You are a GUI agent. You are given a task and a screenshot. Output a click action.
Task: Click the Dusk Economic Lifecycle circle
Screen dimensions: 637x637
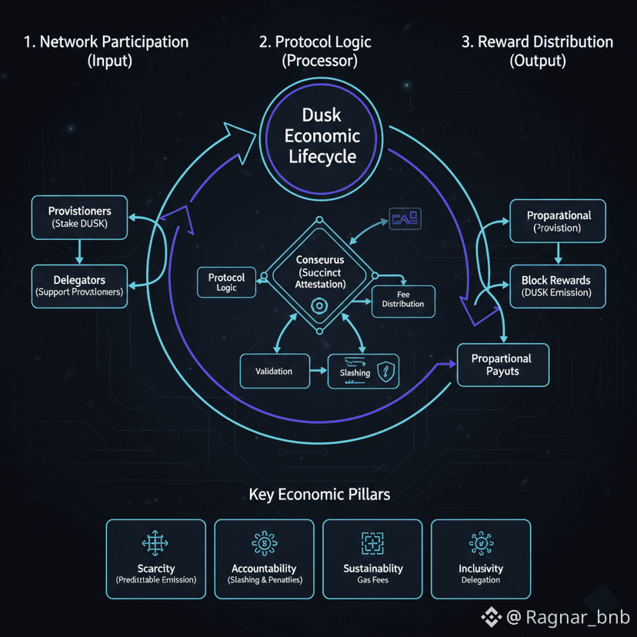[322, 136]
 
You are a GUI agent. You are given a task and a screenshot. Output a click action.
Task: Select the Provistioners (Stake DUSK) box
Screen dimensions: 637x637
[80, 217]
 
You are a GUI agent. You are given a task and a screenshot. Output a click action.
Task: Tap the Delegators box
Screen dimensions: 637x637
[80, 285]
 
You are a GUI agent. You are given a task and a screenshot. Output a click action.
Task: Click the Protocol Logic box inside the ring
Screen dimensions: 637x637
[226, 282]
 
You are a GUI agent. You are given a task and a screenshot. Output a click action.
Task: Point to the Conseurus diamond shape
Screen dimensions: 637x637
[321, 273]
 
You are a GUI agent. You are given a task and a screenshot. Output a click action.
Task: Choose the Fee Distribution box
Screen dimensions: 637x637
[403, 299]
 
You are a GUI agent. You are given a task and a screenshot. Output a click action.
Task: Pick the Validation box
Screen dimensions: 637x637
[274, 371]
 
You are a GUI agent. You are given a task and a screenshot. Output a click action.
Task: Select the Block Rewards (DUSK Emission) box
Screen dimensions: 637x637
[556, 286]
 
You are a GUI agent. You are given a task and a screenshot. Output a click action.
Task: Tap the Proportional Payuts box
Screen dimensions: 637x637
[502, 365]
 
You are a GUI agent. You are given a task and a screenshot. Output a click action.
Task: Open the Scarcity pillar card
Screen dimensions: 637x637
[155, 559]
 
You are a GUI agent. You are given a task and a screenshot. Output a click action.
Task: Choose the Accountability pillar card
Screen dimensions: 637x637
[264, 559]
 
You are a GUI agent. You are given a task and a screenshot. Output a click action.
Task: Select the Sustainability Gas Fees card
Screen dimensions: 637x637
[372, 559]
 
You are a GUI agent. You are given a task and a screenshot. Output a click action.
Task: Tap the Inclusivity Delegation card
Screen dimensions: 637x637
[481, 559]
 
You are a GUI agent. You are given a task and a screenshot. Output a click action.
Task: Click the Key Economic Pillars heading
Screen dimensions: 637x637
[319, 494]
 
